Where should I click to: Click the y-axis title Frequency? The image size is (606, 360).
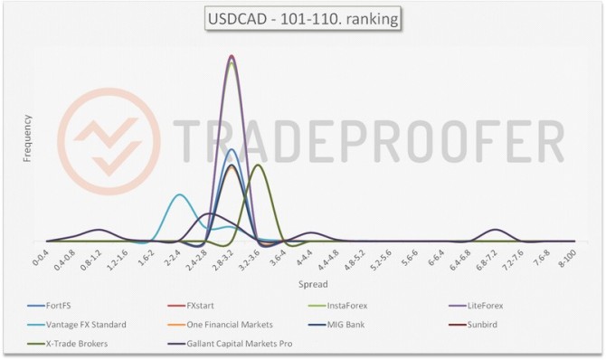[x=27, y=137]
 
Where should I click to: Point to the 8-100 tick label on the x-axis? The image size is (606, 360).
[x=568, y=259]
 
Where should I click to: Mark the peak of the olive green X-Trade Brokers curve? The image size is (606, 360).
[x=259, y=165]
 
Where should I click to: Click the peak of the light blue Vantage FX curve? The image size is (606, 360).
[x=179, y=194]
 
